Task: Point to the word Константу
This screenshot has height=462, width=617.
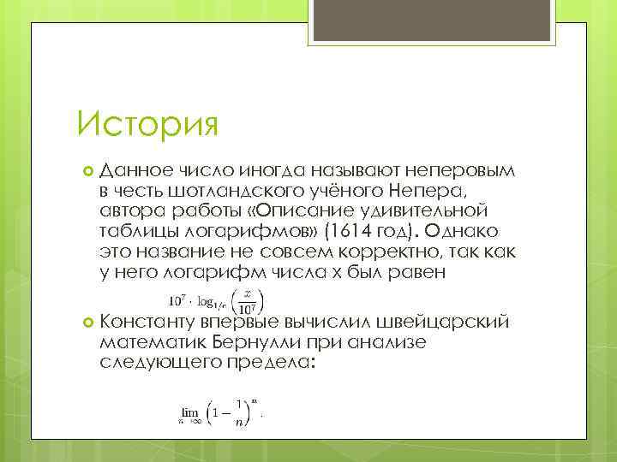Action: (x=147, y=321)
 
